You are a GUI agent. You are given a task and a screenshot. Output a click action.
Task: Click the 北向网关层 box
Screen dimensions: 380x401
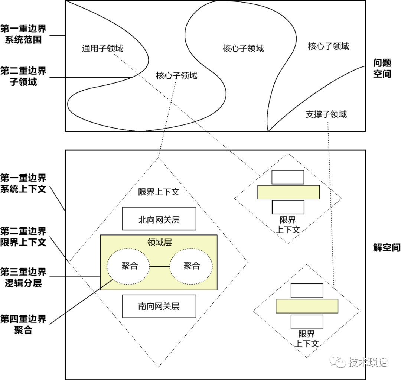click(x=159, y=218)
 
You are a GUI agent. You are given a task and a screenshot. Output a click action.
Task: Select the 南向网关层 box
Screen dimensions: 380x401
click(x=159, y=306)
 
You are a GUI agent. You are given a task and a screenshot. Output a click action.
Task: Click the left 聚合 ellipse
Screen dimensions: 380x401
click(x=129, y=266)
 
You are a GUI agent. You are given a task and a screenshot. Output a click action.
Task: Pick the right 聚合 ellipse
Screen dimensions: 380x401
click(x=191, y=266)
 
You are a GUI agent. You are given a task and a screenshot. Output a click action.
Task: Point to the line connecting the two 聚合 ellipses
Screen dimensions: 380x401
click(x=160, y=266)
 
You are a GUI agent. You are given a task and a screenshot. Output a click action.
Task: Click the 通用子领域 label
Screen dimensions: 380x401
click(x=102, y=48)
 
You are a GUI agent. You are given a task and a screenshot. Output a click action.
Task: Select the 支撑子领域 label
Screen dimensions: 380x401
click(x=326, y=114)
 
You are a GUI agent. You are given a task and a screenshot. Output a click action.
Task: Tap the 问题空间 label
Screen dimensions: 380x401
click(x=382, y=68)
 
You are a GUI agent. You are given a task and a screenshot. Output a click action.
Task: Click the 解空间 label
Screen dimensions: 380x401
click(x=387, y=247)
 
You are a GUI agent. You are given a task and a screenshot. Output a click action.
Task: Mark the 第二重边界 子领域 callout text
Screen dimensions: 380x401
click(x=23, y=76)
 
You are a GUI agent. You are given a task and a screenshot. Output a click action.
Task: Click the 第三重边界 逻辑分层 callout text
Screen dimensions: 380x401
click(x=23, y=277)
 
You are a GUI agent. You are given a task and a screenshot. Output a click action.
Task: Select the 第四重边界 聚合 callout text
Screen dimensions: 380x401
click(x=23, y=324)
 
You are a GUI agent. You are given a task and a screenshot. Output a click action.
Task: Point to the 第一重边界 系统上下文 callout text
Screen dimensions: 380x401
click(x=23, y=183)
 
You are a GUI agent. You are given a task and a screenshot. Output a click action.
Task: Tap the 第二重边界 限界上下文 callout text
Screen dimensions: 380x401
click(x=23, y=237)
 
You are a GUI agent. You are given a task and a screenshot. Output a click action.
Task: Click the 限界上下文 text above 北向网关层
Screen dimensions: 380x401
click(x=159, y=192)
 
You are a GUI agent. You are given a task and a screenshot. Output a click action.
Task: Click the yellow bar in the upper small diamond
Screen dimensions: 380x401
click(x=288, y=192)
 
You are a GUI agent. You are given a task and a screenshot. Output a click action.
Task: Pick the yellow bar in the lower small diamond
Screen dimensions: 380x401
click(x=307, y=306)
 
